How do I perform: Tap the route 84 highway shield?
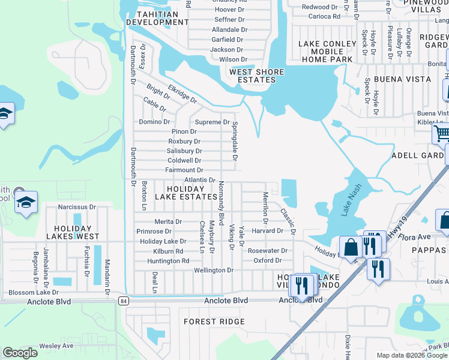click(124, 300)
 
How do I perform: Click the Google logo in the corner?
click(20, 353)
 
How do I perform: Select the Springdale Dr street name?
click(235, 143)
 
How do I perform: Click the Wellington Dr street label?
click(213, 271)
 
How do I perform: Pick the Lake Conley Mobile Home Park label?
click(325, 51)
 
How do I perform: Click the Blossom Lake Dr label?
click(33, 293)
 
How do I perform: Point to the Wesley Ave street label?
click(56, 346)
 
